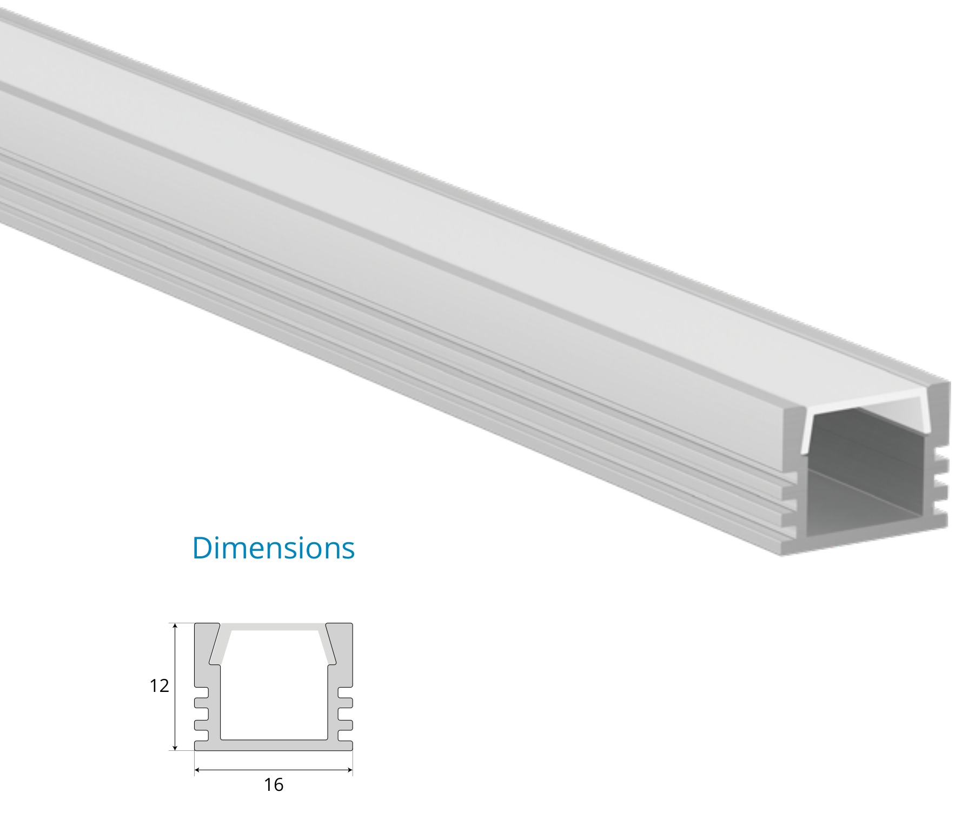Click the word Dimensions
(273, 548)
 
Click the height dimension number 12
(159, 686)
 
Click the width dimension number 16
(273, 784)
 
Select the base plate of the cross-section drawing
(273, 745)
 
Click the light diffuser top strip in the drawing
(273, 627)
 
